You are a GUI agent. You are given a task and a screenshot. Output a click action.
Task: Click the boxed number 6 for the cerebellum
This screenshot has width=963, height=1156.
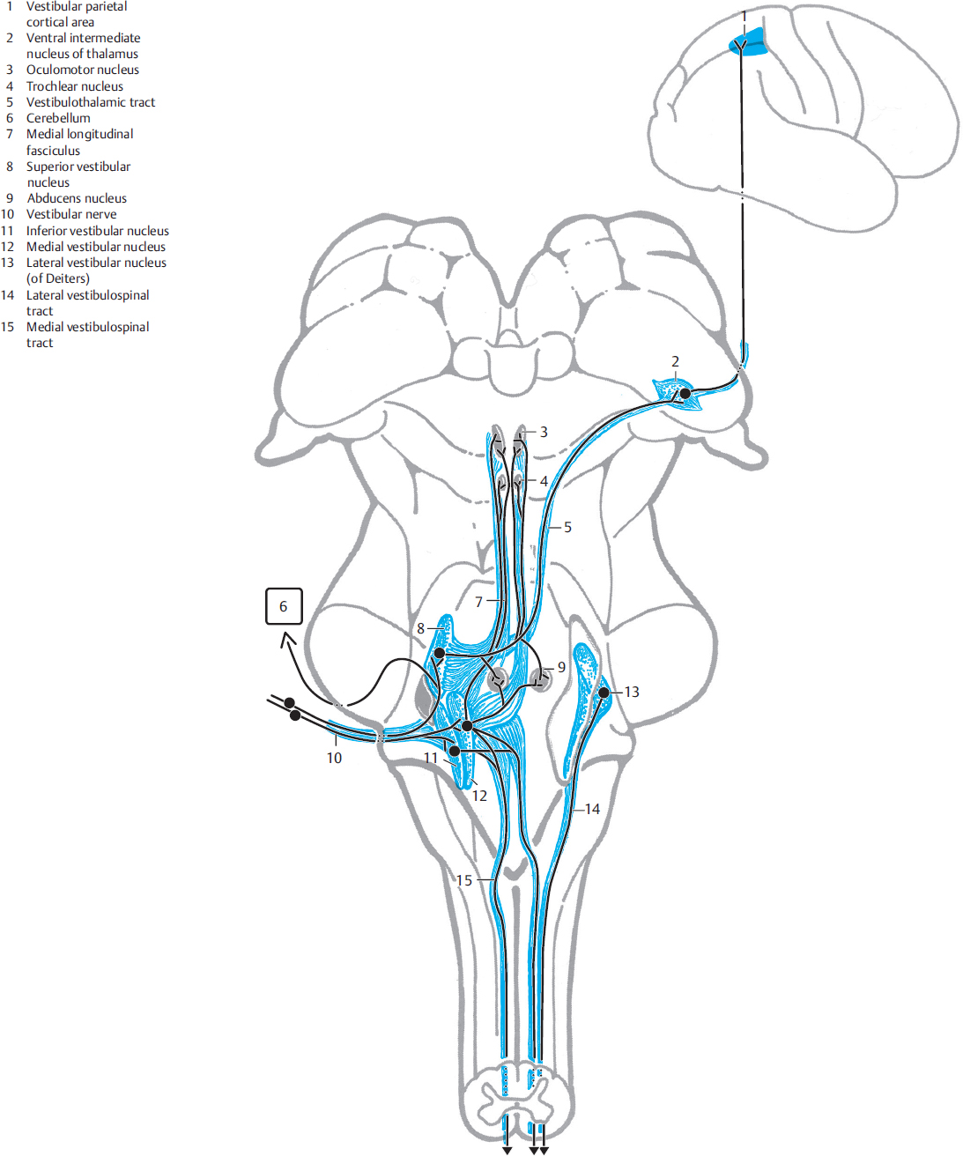click(284, 606)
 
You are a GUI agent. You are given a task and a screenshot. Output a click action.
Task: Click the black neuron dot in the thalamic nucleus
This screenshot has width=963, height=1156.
click(685, 394)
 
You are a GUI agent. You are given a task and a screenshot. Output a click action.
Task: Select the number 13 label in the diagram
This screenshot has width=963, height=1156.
click(632, 692)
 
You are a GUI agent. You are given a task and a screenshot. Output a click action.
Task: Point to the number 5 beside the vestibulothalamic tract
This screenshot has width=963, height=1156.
click(567, 527)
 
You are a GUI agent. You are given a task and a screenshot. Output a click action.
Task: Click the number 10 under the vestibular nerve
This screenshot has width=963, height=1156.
click(334, 758)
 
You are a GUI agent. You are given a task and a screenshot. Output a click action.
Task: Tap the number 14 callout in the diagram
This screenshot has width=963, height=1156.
click(592, 809)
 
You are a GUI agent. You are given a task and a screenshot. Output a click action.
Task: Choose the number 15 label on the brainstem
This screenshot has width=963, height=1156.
click(464, 880)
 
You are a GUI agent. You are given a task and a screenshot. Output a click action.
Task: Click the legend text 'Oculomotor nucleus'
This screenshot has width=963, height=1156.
click(83, 70)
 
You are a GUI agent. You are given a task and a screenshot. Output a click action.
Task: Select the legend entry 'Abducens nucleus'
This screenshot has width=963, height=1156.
click(77, 198)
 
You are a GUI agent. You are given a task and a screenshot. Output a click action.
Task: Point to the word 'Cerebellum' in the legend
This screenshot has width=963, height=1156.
click(58, 118)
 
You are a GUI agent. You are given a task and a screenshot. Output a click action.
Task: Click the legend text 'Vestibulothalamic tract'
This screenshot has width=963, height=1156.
click(91, 102)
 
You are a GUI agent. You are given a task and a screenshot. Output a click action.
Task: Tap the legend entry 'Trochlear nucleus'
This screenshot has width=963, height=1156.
click(75, 86)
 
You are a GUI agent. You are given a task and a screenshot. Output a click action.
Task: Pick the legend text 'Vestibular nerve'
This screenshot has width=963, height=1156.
click(71, 214)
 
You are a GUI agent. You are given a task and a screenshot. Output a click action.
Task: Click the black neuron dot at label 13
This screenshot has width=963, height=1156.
click(604, 693)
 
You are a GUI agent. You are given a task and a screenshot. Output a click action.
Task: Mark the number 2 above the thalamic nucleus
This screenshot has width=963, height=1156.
click(676, 361)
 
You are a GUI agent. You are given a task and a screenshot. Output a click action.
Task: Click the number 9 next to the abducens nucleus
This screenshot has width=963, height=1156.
click(561, 667)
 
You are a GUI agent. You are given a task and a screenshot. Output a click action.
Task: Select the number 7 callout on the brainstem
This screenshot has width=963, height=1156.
click(479, 602)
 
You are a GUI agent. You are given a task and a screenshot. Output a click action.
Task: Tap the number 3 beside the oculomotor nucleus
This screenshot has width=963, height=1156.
click(544, 432)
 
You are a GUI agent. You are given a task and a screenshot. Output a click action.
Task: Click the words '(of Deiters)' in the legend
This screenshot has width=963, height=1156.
click(58, 278)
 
